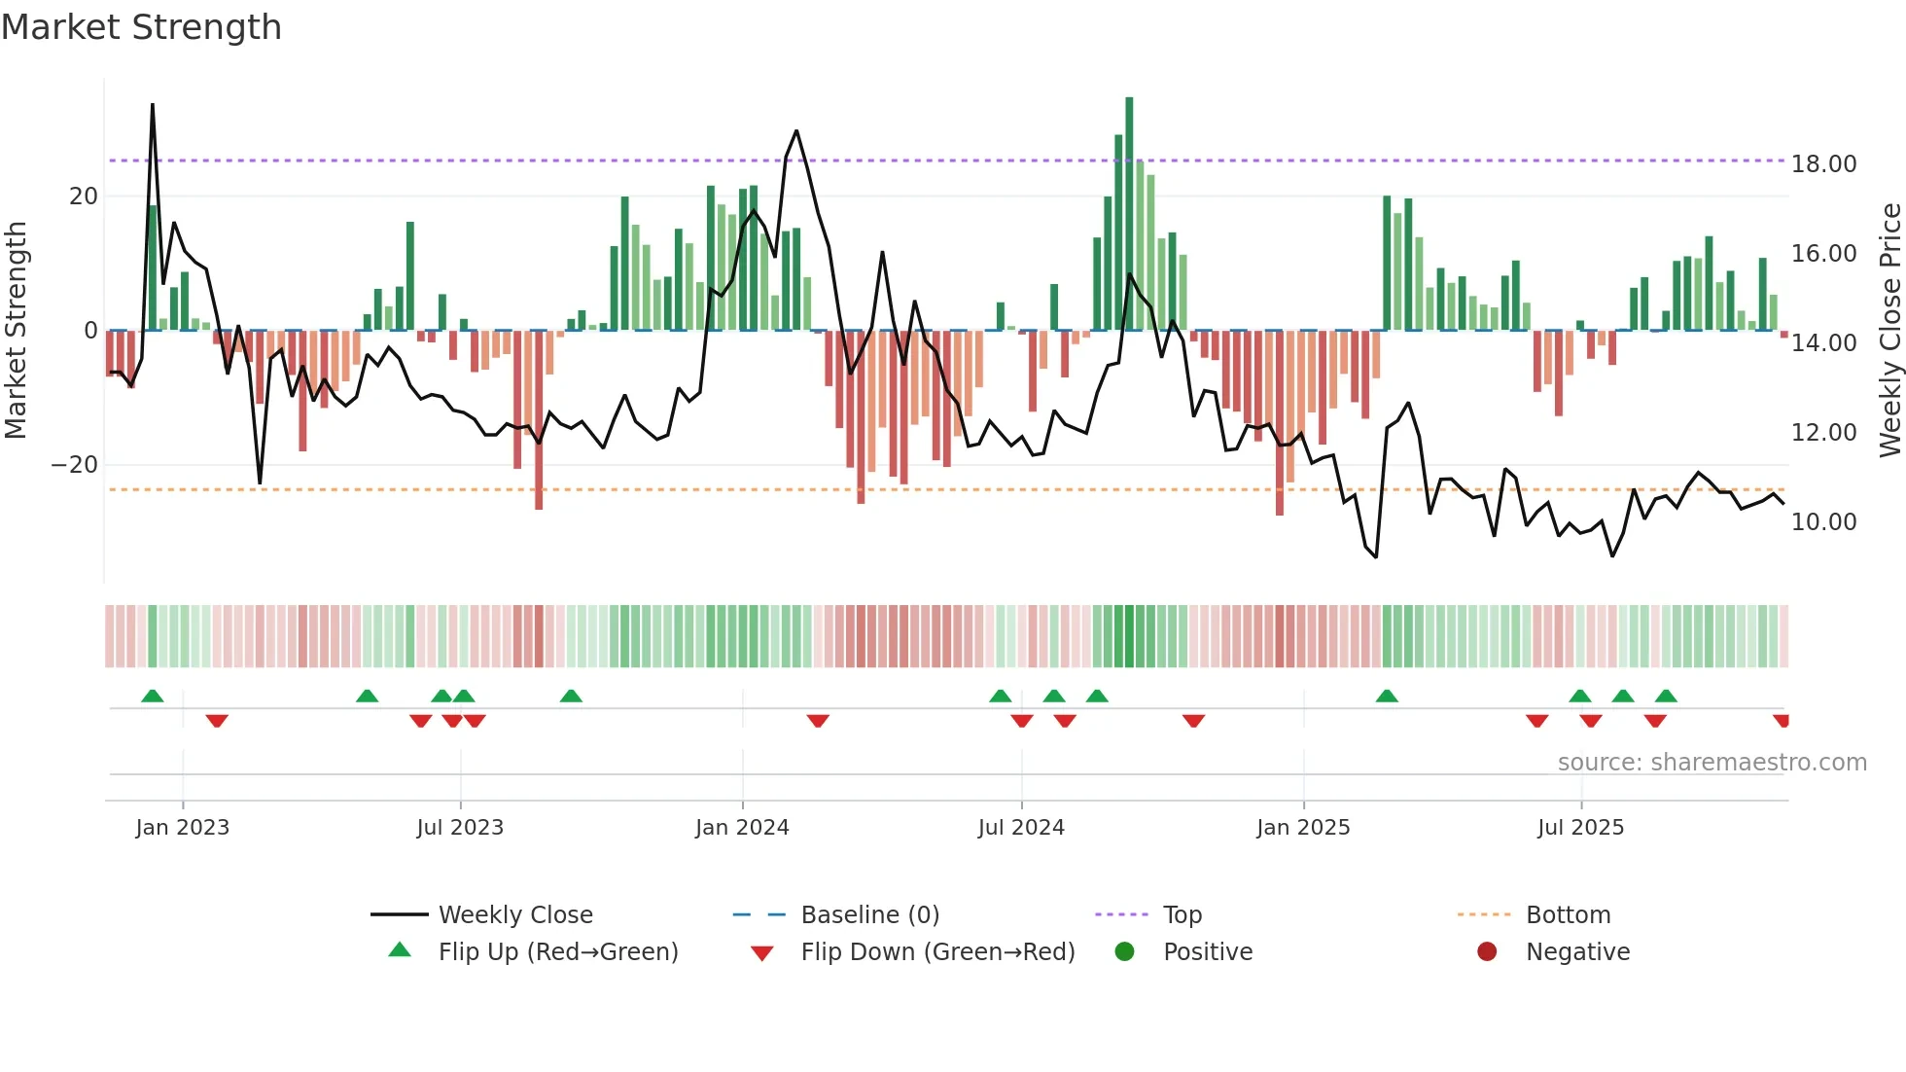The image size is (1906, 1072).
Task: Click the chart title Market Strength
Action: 141,27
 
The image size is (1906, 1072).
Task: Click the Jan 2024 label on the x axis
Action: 742,828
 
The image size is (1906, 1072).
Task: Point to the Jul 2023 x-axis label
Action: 460,828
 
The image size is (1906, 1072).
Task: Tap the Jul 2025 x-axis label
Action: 1580,828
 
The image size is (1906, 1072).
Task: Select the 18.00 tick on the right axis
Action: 1823,164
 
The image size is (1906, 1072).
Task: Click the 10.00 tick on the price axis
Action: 1823,522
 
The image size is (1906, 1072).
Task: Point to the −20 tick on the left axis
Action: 75,465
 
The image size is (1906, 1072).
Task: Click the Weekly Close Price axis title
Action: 1889,331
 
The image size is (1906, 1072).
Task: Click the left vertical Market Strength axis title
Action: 17,331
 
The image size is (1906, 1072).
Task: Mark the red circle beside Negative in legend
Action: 1486,952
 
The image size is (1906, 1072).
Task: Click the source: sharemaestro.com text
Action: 1712,763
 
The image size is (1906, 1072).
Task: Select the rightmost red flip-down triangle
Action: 1782,721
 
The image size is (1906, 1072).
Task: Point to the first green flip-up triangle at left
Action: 153,696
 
